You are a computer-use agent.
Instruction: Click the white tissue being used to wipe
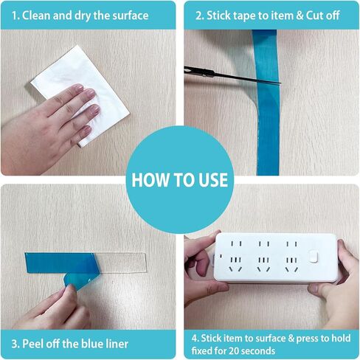coord(81,94)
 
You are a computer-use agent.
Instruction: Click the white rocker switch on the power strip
coord(314,256)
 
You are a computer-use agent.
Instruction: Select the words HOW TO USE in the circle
coord(180,180)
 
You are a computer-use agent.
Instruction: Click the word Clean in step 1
coord(37,15)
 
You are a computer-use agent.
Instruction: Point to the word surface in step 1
coord(131,15)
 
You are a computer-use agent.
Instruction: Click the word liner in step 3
coord(117,344)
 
